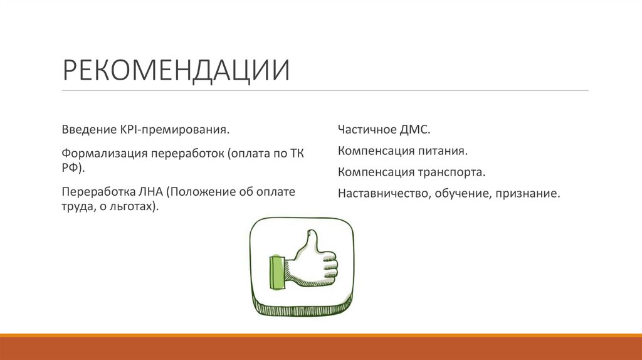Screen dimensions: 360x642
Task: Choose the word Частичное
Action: tap(366, 130)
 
